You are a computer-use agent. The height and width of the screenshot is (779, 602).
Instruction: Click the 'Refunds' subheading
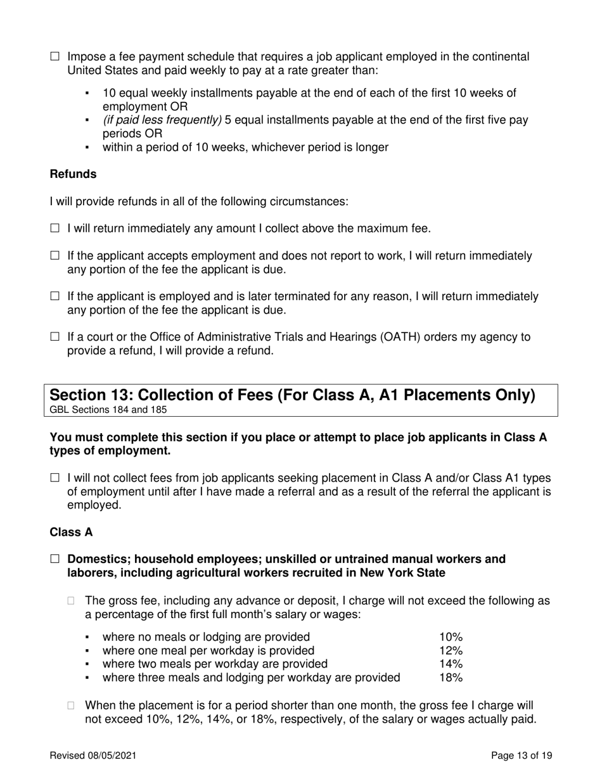click(x=73, y=174)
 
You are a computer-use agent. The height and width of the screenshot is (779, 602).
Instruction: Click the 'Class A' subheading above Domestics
click(x=71, y=533)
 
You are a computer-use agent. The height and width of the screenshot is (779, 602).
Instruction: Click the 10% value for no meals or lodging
click(x=451, y=636)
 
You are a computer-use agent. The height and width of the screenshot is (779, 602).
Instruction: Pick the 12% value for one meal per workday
click(x=451, y=650)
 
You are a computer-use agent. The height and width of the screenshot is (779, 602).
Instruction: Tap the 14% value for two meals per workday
click(x=451, y=664)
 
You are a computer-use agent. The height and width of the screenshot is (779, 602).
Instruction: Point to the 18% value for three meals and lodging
click(x=451, y=678)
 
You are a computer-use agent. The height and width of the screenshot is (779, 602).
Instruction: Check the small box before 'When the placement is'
click(x=72, y=706)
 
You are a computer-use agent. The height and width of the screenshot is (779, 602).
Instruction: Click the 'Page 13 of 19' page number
click(x=522, y=756)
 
